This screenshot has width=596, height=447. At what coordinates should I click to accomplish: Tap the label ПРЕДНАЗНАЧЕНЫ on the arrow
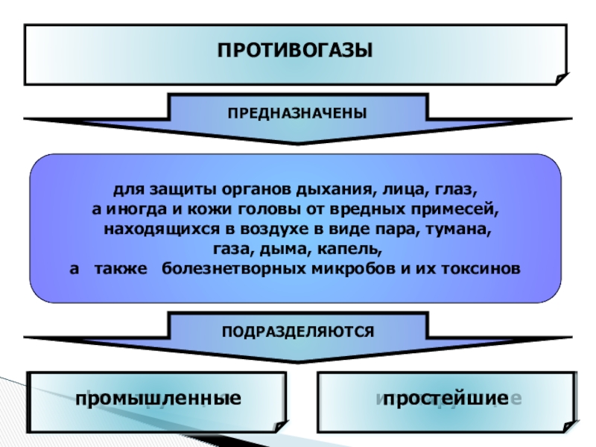click(297, 110)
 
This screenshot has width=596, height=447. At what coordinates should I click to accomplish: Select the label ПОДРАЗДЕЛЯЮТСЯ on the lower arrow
click(297, 329)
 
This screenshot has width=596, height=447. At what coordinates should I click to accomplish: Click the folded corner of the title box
click(561, 77)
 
